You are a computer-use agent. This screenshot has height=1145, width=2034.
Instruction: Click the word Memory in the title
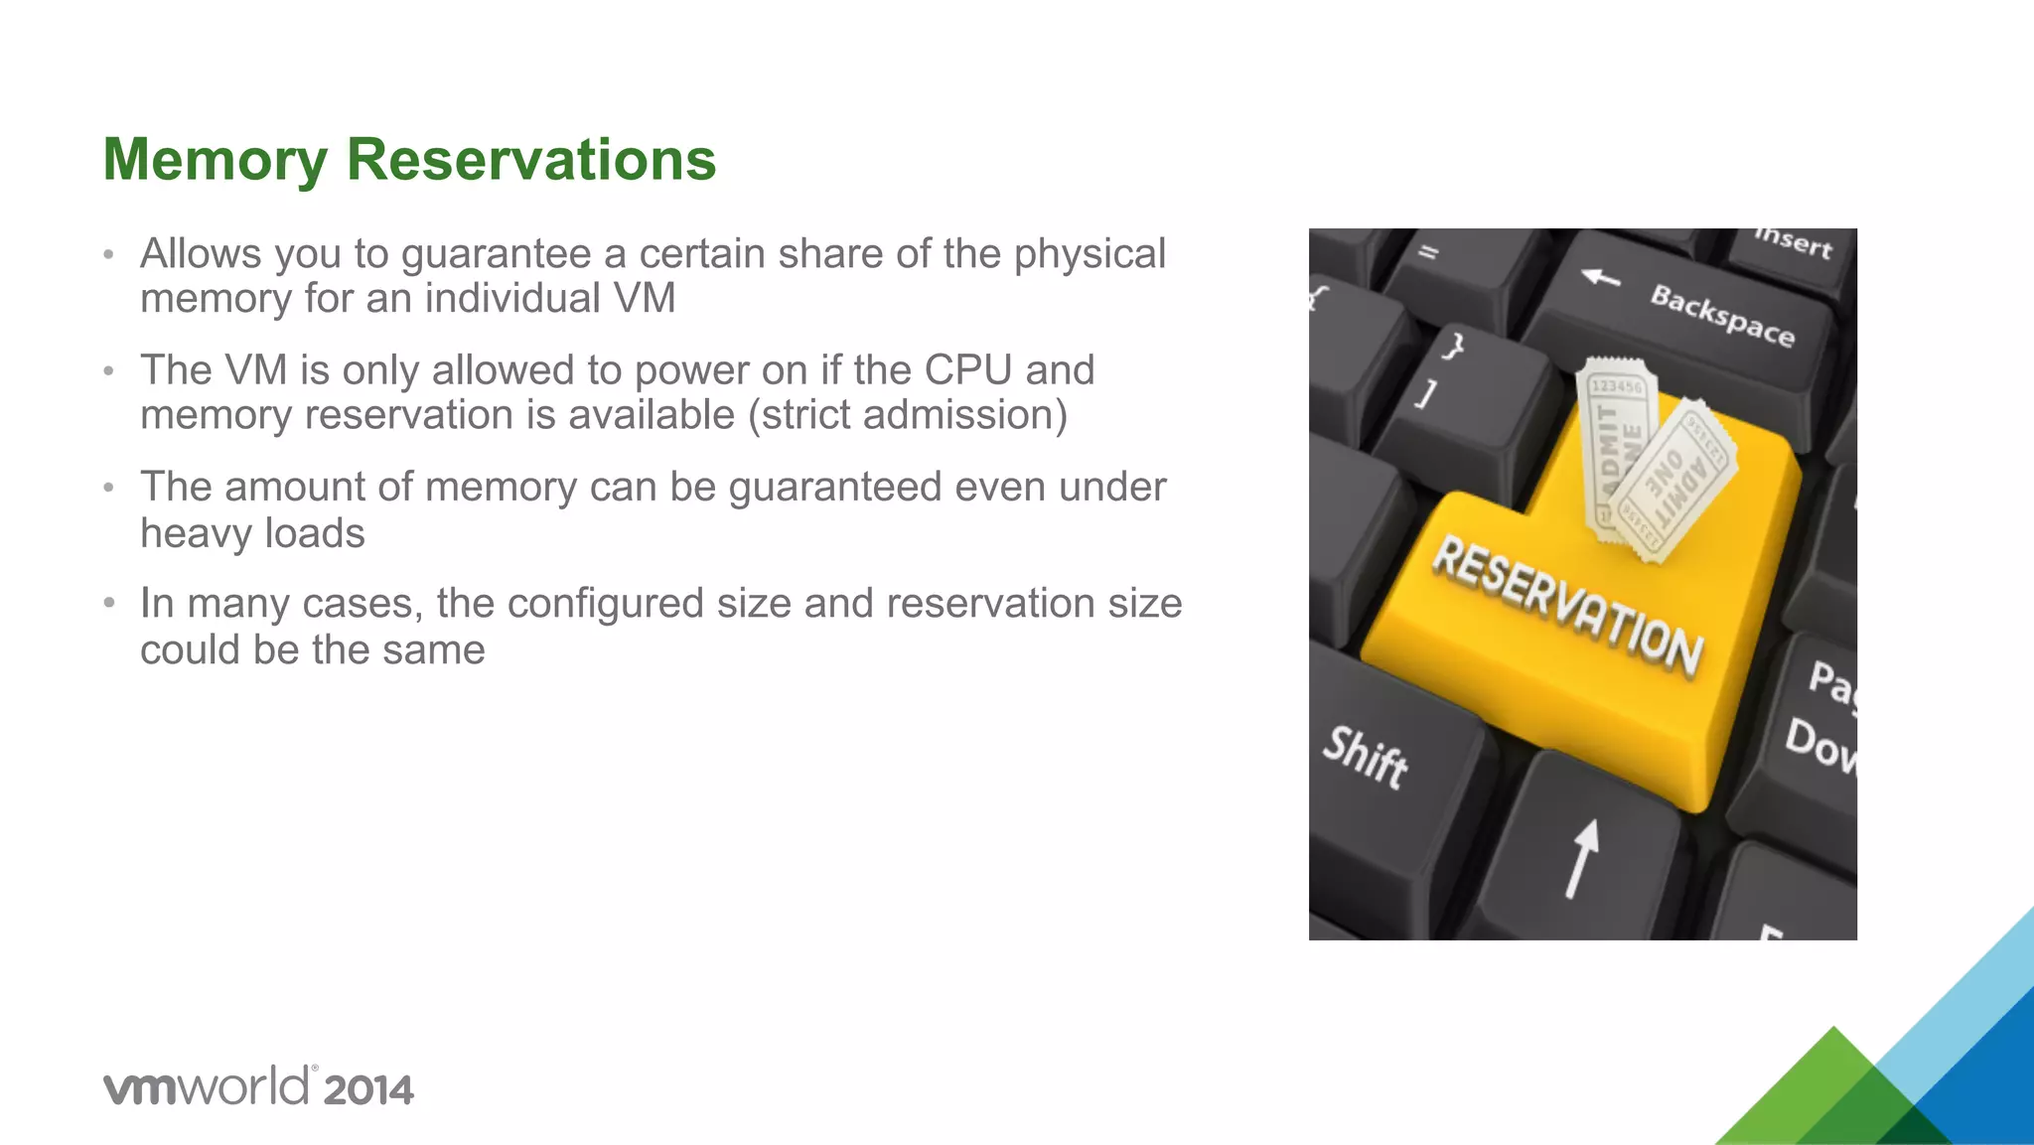pyautogui.click(x=215, y=160)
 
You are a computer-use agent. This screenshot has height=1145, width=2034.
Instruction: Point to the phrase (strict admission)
pyautogui.click(x=907, y=415)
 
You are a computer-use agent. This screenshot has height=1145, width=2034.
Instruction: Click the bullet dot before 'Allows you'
pyautogui.click(x=109, y=255)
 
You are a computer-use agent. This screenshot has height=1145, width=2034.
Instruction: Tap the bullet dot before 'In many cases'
pyautogui.click(x=109, y=604)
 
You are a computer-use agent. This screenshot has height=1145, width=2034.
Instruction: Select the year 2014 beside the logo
pyautogui.click(x=368, y=1090)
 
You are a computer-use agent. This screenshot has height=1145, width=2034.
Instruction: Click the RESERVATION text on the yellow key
pyautogui.click(x=1566, y=605)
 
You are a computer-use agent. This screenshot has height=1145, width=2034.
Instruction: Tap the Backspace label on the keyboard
pyautogui.click(x=1722, y=315)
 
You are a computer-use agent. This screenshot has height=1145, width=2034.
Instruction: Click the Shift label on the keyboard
pyautogui.click(x=1365, y=757)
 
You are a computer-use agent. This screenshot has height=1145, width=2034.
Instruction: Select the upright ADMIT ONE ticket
pyautogui.click(x=1614, y=447)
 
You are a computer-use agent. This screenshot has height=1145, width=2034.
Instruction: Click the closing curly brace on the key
pyautogui.click(x=1453, y=347)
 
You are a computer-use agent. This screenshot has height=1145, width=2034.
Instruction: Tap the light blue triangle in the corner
pyautogui.click(x=1976, y=1003)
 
